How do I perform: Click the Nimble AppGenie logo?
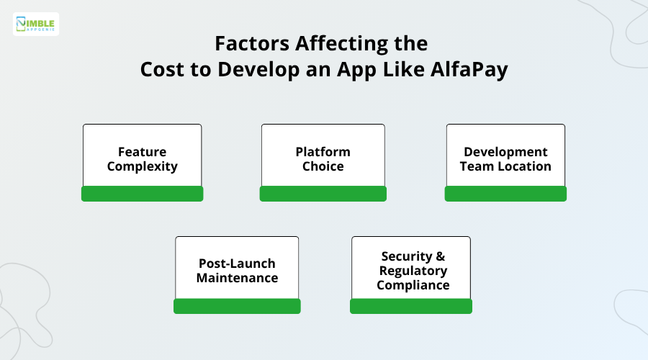(36, 24)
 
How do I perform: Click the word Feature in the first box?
(142, 152)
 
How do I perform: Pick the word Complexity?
(142, 166)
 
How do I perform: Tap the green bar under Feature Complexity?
(142, 194)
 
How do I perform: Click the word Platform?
(323, 152)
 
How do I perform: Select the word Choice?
(323, 166)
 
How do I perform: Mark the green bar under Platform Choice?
(323, 194)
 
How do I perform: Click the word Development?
(505, 152)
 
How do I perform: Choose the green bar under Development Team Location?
(505, 194)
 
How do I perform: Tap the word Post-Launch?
(237, 264)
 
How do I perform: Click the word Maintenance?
(237, 278)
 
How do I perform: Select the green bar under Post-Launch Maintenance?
(237, 306)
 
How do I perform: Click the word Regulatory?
(413, 271)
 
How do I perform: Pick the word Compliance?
(413, 284)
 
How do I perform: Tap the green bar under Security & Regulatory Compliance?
(411, 306)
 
